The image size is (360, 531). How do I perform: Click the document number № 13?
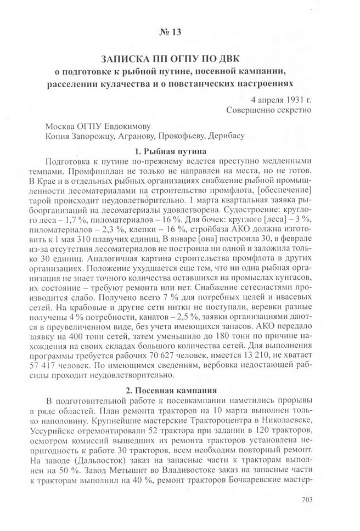pyautogui.click(x=169, y=32)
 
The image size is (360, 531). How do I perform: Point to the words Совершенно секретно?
pyautogui.click(x=269, y=110)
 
